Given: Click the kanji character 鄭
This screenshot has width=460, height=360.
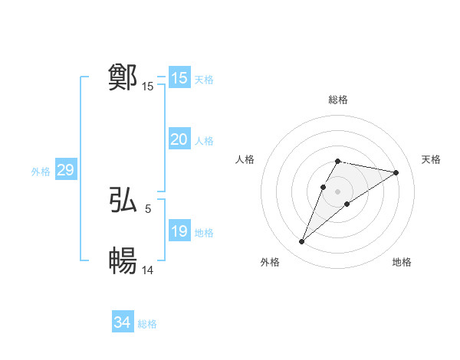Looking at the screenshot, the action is click(123, 77).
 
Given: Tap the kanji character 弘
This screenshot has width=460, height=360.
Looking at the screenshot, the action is click(123, 200).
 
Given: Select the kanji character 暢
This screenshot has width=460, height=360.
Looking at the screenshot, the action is click(123, 261).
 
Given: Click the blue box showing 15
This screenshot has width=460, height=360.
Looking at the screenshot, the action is click(179, 78).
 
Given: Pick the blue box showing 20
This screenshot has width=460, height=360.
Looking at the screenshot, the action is click(179, 139).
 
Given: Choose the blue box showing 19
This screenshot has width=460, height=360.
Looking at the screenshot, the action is click(179, 231).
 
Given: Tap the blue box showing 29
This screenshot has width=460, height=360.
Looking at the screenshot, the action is click(65, 170).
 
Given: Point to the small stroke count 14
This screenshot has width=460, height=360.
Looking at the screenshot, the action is click(148, 270).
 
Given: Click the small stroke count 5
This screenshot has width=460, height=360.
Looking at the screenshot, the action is click(148, 208).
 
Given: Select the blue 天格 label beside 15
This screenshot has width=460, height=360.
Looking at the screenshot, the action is click(204, 80).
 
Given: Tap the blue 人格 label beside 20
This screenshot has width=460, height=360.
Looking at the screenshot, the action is click(204, 141).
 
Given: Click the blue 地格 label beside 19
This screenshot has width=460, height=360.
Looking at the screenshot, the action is click(204, 233).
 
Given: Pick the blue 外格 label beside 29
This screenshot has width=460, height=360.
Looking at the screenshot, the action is click(41, 172).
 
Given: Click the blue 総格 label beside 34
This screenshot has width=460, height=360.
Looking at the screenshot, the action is click(147, 324).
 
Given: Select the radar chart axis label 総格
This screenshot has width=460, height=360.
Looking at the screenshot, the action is click(338, 100).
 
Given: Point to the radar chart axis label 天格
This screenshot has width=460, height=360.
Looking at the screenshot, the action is click(431, 159).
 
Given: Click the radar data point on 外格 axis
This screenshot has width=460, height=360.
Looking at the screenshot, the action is click(301, 242).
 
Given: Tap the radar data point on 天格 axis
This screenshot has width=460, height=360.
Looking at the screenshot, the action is click(396, 172).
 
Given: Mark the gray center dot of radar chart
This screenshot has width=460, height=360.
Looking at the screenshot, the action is click(338, 191).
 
